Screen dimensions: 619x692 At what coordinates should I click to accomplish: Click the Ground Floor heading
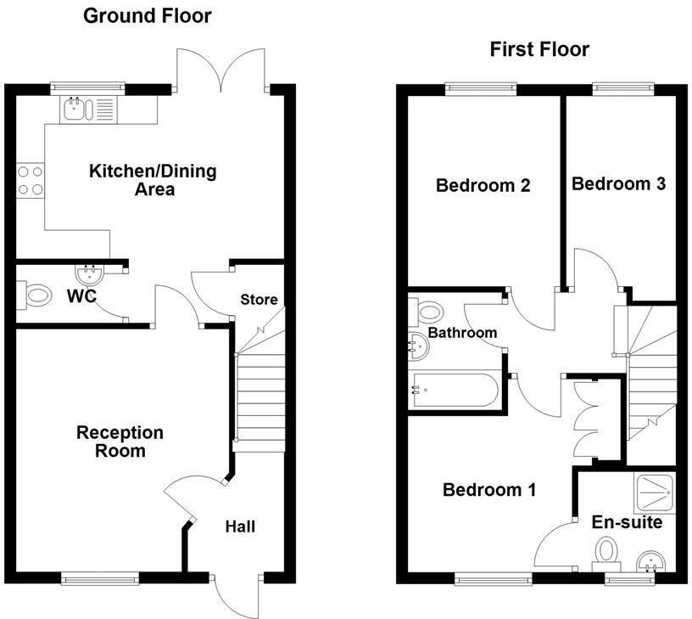click(147, 15)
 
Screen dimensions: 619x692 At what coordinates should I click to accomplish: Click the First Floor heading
click(539, 49)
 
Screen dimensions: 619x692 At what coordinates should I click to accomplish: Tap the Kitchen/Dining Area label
click(153, 180)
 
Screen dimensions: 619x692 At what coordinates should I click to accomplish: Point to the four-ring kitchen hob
click(31, 180)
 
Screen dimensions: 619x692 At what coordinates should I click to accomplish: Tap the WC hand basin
click(88, 274)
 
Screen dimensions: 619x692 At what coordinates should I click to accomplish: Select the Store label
click(259, 300)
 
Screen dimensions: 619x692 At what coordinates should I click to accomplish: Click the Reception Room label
click(120, 442)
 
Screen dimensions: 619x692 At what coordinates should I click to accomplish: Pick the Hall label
click(240, 526)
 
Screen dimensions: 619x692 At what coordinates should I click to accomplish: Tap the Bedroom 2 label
click(483, 185)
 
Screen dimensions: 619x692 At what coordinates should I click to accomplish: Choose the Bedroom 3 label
click(618, 183)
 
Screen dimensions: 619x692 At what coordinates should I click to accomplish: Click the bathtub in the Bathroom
click(454, 391)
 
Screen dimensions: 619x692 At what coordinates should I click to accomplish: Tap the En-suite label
click(627, 522)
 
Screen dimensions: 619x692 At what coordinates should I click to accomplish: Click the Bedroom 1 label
click(489, 490)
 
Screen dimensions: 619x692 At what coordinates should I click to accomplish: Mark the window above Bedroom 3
click(623, 87)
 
